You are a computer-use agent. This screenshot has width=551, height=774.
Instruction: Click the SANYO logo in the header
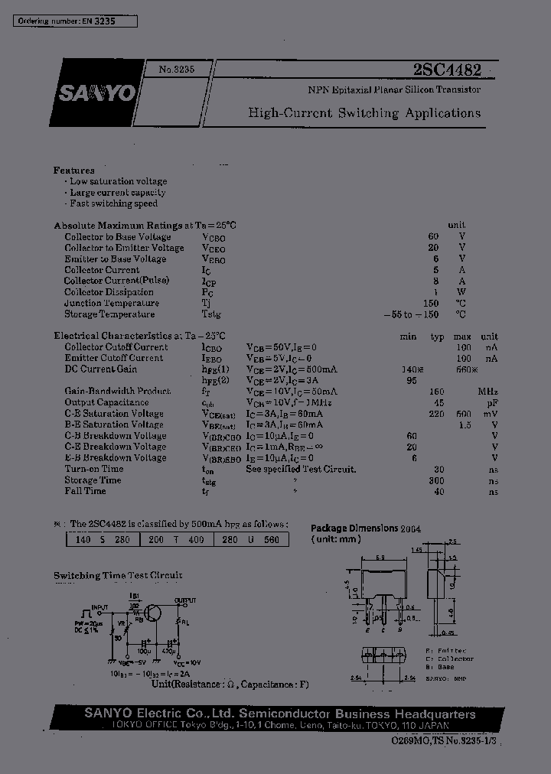pos(94,93)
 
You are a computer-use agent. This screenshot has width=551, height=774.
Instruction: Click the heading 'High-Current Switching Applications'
pos(364,113)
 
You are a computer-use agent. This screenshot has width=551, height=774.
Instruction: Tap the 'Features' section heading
pos(74,170)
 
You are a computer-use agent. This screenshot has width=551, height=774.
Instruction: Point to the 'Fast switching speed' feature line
pos(113,203)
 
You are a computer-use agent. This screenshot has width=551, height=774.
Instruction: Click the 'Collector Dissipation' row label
pos(102,291)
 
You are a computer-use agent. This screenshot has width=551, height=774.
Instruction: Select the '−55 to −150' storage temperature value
pos(412,314)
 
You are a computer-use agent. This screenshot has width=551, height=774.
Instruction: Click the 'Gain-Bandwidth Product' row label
pos(117,391)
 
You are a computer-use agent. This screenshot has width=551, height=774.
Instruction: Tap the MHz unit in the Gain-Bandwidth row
pos(488,391)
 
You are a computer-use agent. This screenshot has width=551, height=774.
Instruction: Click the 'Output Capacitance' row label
pos(106,402)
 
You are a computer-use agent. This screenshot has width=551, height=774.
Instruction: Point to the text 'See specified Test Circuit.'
pos(301,469)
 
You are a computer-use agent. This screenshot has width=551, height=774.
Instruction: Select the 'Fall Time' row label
pos(85,491)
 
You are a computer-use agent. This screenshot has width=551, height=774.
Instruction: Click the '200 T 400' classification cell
pos(178,539)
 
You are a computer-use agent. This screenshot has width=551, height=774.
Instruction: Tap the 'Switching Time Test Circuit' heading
pos(118,575)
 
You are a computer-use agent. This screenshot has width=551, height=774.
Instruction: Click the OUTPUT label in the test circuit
pos(184,600)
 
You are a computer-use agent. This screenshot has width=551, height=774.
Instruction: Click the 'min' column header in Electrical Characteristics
pos(408,336)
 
